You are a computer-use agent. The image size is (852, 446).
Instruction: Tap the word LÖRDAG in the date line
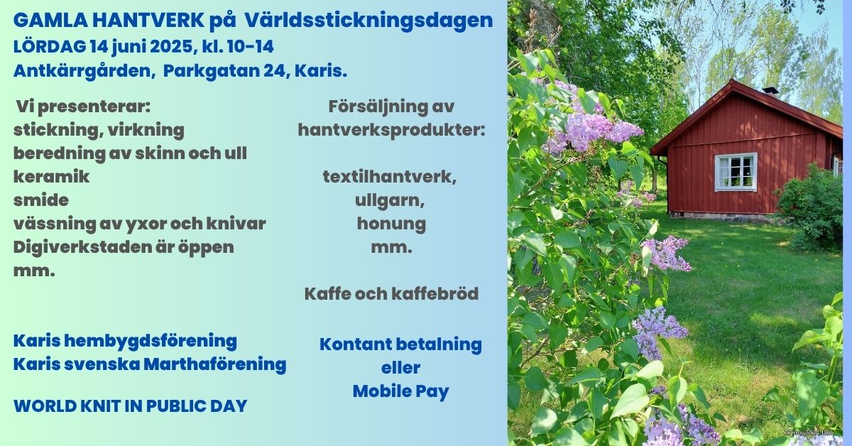click(x=50, y=47)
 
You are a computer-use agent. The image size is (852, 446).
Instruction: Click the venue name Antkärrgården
click(x=83, y=72)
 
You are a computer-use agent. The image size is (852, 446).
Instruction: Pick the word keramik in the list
click(x=52, y=177)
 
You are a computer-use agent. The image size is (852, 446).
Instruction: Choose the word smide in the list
click(x=41, y=200)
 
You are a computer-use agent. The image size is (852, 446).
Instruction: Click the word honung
click(x=391, y=224)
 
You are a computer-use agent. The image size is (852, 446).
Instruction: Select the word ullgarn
click(x=390, y=201)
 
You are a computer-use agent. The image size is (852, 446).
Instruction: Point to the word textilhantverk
click(x=390, y=177)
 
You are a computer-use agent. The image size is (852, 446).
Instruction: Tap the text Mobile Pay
click(x=401, y=391)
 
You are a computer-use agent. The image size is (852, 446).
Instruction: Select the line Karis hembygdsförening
click(x=125, y=342)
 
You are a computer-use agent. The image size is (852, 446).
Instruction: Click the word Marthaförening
click(x=214, y=364)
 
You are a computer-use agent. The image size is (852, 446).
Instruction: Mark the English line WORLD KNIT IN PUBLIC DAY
click(x=131, y=406)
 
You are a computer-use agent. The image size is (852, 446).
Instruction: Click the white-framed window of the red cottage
click(x=736, y=172)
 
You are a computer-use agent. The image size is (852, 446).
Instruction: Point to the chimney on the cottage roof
click(x=770, y=92)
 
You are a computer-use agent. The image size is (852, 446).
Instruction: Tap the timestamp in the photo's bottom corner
click(x=808, y=433)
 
